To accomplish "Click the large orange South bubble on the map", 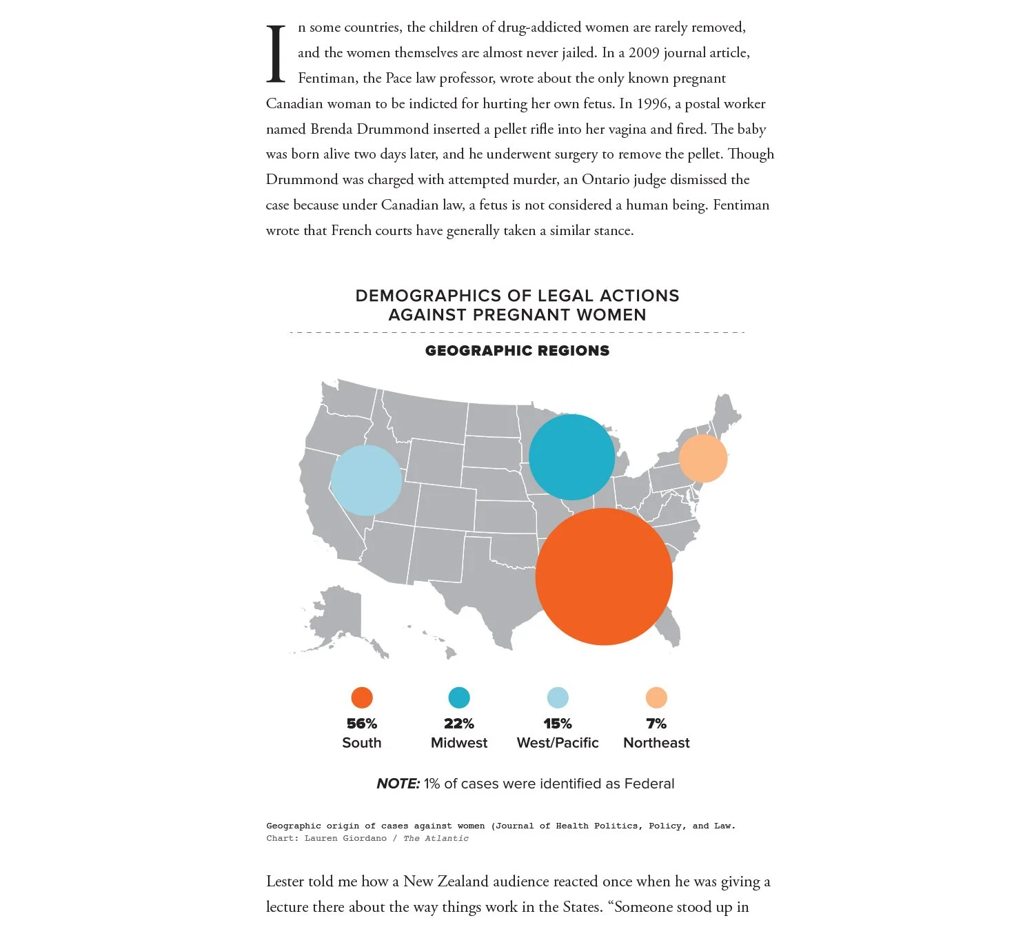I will pyautogui.click(x=604, y=577).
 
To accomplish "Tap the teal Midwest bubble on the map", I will pyautogui.click(x=572, y=457).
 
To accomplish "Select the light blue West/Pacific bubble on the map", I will pyautogui.click(x=366, y=480).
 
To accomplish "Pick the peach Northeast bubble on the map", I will pyautogui.click(x=703, y=458).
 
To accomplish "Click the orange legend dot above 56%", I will pyautogui.click(x=362, y=697).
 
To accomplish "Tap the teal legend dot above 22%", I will pyautogui.click(x=459, y=697).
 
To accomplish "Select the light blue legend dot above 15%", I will pyautogui.click(x=558, y=697).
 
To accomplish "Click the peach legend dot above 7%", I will pyautogui.click(x=656, y=697).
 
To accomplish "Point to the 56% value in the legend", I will pyautogui.click(x=362, y=724).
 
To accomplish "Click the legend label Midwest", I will pyautogui.click(x=459, y=743).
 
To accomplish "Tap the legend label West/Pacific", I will pyautogui.click(x=558, y=743).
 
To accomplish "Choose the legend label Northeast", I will pyautogui.click(x=656, y=743).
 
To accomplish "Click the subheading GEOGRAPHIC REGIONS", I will pyautogui.click(x=517, y=351).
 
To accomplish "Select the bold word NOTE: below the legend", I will pyautogui.click(x=398, y=784).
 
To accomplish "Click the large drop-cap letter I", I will pyautogui.click(x=276, y=54).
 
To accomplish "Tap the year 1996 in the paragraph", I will pyautogui.click(x=652, y=104).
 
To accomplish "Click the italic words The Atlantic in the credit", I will pyautogui.click(x=436, y=839).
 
